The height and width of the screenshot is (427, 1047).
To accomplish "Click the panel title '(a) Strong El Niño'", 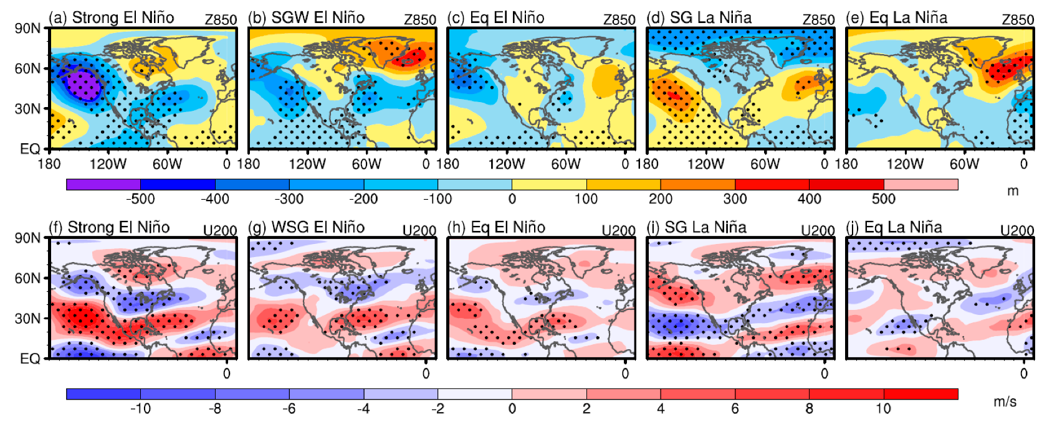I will pyautogui.click(x=112, y=17).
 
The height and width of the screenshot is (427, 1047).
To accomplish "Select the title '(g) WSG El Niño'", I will pyautogui.click(x=307, y=227).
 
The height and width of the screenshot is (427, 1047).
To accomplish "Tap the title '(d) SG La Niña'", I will pyautogui.click(x=699, y=17).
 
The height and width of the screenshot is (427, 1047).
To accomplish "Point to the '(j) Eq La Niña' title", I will pyautogui.click(x=894, y=227).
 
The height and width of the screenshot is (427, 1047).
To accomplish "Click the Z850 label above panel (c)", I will pyautogui.click(x=619, y=20).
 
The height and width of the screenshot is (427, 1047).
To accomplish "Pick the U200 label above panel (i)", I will pyautogui.click(x=817, y=230).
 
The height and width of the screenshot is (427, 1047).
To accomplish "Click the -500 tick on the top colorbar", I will pyautogui.click(x=140, y=199).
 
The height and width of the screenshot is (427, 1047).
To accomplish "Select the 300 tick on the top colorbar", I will pyautogui.click(x=735, y=199).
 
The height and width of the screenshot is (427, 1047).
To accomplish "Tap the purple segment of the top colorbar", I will pyautogui.click(x=103, y=184).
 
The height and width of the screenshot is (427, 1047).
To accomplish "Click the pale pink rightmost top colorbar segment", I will pyautogui.click(x=920, y=184).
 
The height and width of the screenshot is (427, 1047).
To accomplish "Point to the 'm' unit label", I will pyautogui.click(x=1013, y=191).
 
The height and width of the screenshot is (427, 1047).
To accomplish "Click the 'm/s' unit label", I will pyautogui.click(x=1005, y=401).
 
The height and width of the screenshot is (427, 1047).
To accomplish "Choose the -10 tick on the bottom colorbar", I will pyautogui.click(x=140, y=409).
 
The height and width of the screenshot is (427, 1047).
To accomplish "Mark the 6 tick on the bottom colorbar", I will pyautogui.click(x=735, y=409).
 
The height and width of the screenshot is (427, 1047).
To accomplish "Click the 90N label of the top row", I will pyautogui.click(x=27, y=29).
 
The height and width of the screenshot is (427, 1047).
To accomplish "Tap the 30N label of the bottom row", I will pyautogui.click(x=27, y=319).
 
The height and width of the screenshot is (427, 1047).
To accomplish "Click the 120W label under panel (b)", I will pyautogui.click(x=307, y=164).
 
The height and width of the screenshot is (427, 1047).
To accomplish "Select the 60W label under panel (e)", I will pyautogui.click(x=964, y=164).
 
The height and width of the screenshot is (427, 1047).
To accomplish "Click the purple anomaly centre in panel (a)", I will pyautogui.click(x=83, y=84).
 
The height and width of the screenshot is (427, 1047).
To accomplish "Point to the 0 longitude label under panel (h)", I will pyautogui.click(x=625, y=373).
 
